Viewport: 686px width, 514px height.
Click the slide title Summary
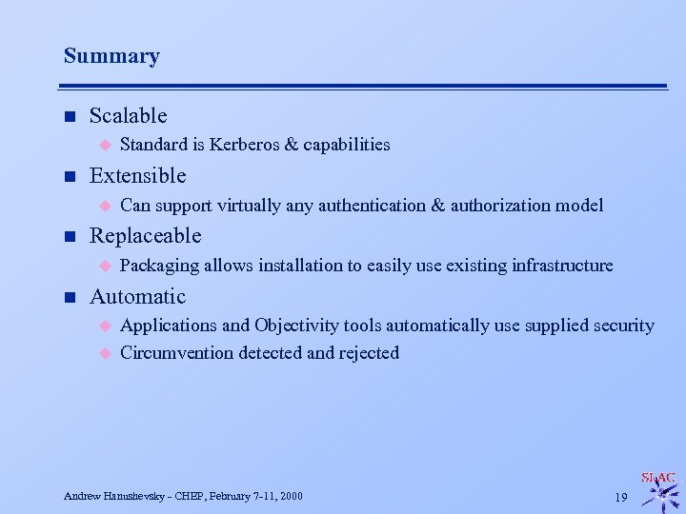click(x=111, y=56)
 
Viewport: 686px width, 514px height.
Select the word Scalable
click(x=128, y=116)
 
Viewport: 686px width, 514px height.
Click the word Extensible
click(x=137, y=176)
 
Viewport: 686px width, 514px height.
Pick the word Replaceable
click(x=145, y=235)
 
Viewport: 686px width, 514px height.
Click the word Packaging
click(x=159, y=265)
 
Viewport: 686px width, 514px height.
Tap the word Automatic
click(x=137, y=296)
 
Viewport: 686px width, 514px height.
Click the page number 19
click(x=620, y=497)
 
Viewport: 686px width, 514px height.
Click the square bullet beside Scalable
click(x=70, y=117)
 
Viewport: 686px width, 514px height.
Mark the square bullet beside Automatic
click(x=70, y=297)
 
